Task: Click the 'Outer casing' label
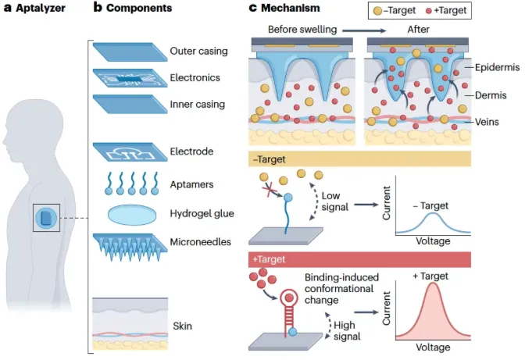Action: pyautogui.click(x=198, y=52)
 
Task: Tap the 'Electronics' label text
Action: pyautogui.click(x=195, y=78)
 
